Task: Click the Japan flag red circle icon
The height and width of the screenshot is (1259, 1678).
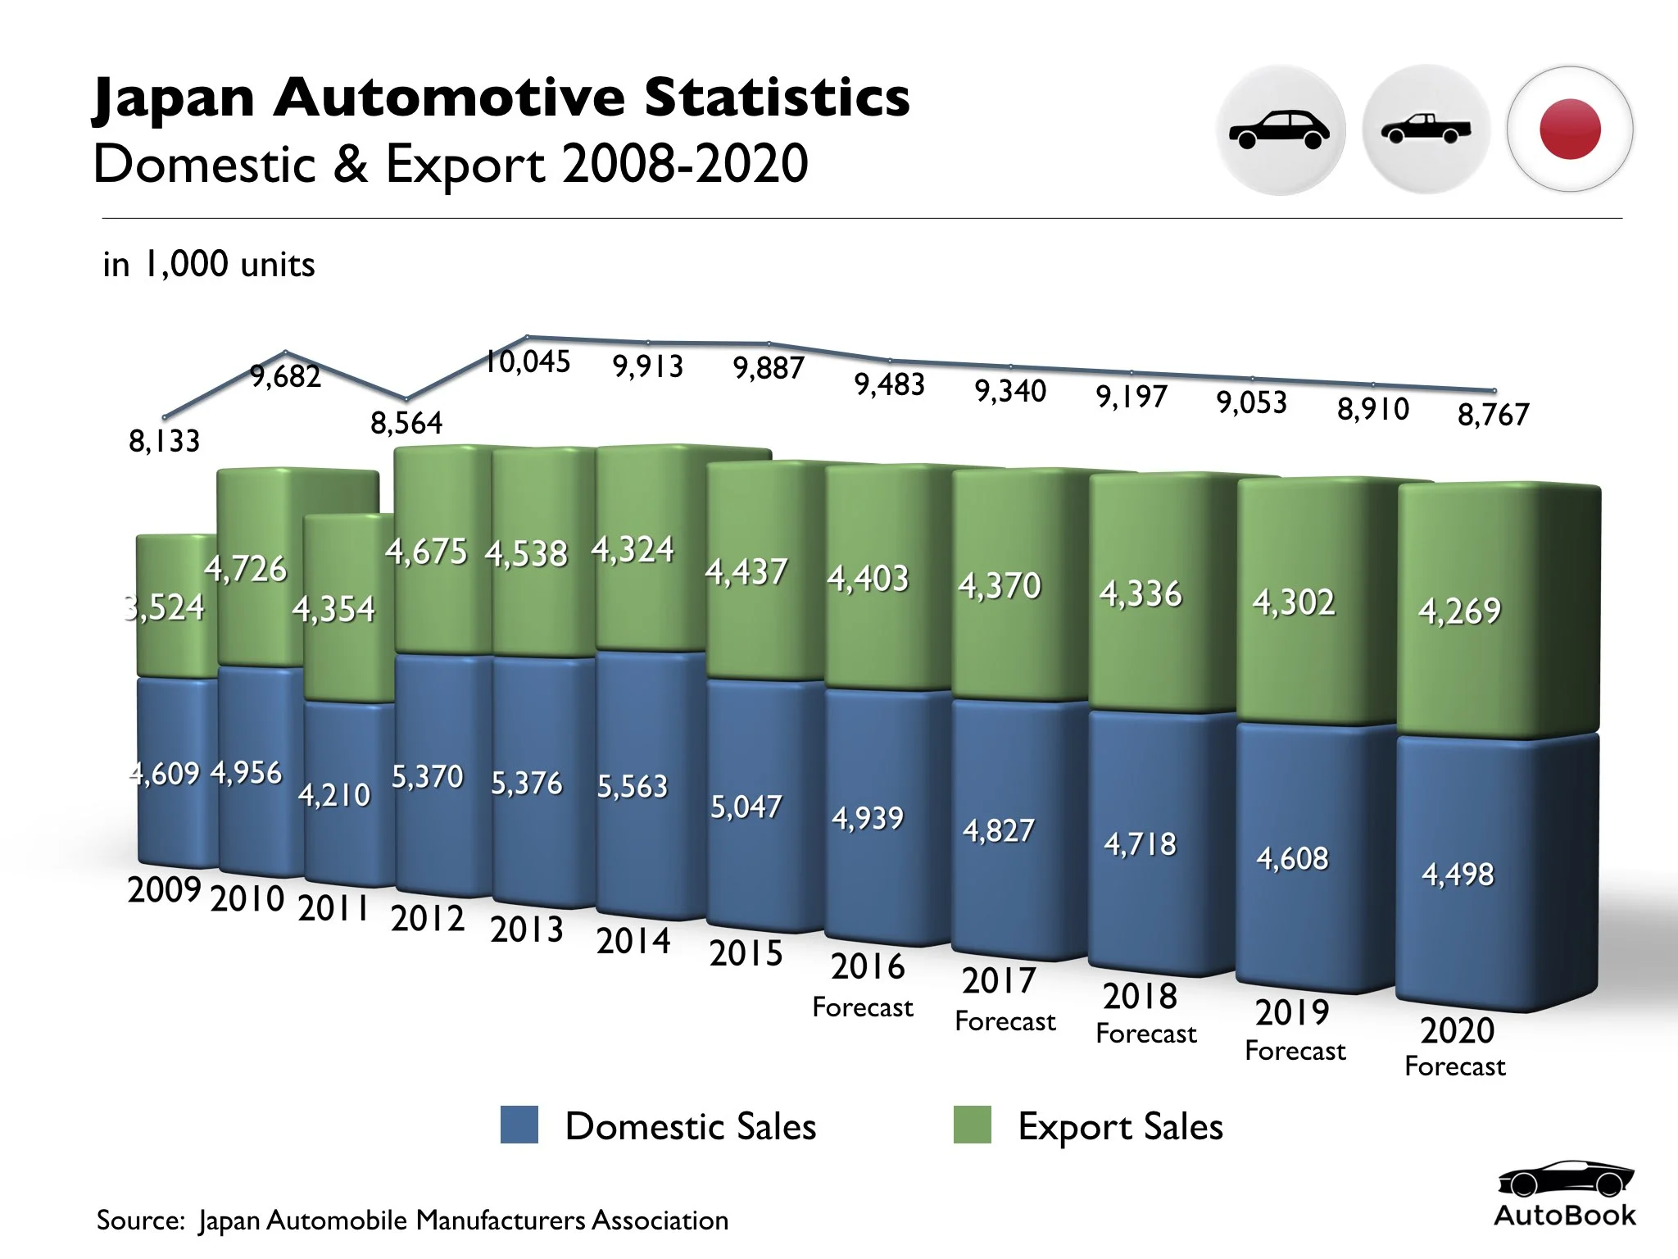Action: pos(1570,129)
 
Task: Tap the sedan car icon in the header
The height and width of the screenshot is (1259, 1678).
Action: pos(1280,130)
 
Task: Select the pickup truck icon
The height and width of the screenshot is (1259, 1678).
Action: pos(1426,130)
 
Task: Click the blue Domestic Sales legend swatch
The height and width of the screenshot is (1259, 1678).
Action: pos(519,1125)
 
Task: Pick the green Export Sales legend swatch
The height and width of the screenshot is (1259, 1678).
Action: pos(973,1125)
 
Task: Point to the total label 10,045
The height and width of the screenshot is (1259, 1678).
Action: pos(528,361)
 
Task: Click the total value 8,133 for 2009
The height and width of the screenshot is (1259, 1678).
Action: pos(164,441)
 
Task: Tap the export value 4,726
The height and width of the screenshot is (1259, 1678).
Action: pos(246,568)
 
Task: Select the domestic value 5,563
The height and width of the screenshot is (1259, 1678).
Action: pos(632,786)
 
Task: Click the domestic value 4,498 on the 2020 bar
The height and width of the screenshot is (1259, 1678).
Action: pos(1458,874)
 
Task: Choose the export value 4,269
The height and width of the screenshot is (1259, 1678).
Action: pos(1459,611)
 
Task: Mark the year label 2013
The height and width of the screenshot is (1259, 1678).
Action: pos(527,929)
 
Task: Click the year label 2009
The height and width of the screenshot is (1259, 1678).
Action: pos(164,889)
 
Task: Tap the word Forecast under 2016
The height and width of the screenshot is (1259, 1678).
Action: pos(863,1007)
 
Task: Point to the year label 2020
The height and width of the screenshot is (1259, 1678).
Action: pos(1457,1030)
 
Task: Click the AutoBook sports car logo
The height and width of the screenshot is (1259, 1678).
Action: pos(1565,1180)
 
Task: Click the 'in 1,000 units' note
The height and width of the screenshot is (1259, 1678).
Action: pos(209,265)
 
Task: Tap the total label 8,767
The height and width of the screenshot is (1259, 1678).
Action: pos(1493,414)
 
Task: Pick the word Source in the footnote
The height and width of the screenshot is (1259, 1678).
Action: pos(140,1220)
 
